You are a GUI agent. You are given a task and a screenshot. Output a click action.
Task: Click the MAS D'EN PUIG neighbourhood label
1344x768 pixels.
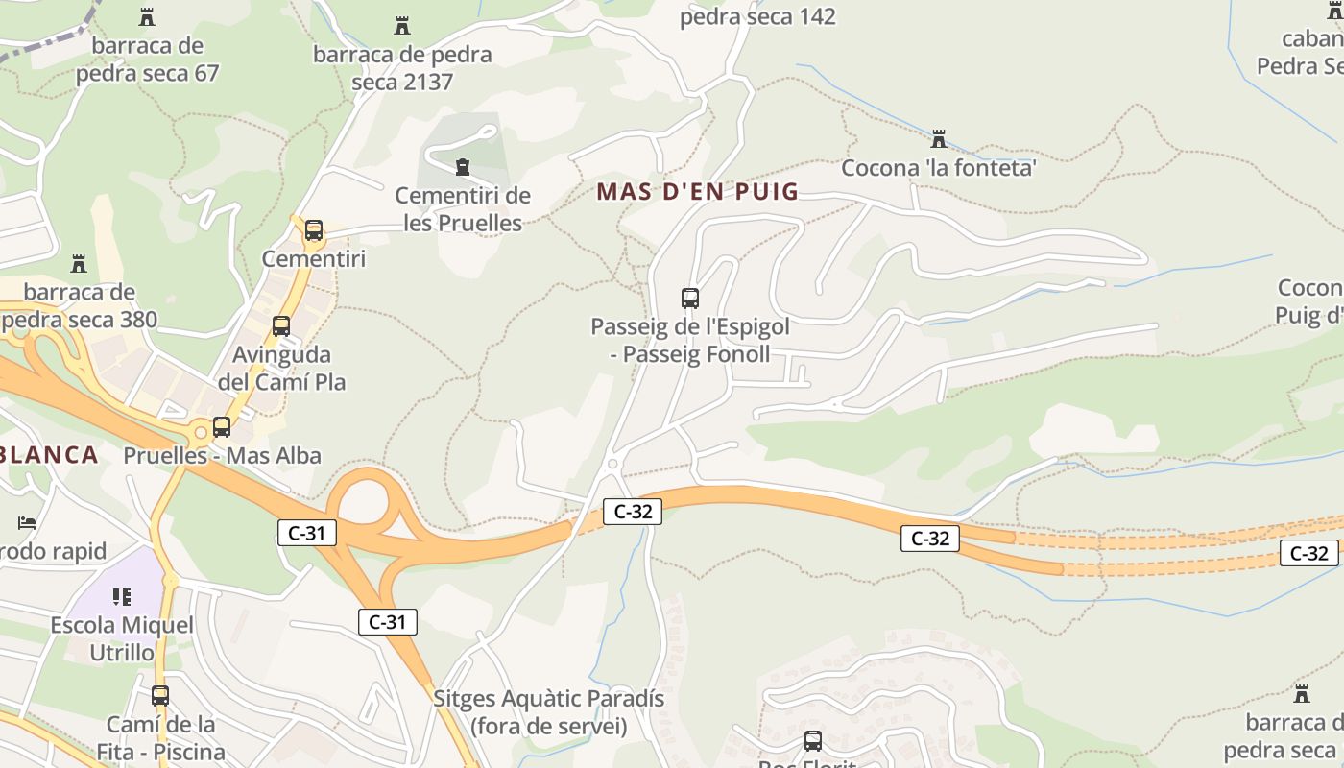click(697, 191)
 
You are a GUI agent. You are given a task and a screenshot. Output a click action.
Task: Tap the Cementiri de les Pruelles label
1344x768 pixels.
click(463, 209)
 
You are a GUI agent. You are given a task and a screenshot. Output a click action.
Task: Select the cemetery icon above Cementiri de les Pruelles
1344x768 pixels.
click(463, 168)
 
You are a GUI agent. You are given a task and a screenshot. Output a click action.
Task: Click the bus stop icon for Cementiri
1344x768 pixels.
click(314, 230)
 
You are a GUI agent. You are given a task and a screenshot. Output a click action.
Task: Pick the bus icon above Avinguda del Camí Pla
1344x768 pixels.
click(281, 326)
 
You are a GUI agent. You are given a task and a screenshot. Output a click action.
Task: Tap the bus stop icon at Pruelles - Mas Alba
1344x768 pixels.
click(222, 427)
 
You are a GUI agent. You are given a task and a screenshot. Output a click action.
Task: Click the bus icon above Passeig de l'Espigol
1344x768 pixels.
click(689, 299)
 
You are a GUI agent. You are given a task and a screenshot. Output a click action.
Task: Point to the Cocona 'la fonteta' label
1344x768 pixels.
click(939, 168)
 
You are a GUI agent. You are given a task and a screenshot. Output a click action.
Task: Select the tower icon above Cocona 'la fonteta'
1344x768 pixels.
click(939, 139)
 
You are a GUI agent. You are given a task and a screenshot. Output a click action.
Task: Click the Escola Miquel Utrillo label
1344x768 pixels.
click(122, 638)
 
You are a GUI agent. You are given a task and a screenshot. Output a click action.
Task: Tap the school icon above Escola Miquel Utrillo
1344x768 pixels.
click(122, 597)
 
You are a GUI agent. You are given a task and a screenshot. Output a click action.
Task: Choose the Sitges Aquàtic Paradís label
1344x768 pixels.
click(548, 711)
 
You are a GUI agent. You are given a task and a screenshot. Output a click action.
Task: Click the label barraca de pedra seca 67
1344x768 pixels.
click(148, 60)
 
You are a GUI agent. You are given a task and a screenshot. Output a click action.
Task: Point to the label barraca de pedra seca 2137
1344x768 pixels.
click(402, 67)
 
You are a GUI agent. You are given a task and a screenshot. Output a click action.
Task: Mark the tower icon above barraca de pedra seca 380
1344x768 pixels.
click(79, 264)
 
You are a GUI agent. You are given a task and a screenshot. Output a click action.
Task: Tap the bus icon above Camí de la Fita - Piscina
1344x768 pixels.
click(160, 695)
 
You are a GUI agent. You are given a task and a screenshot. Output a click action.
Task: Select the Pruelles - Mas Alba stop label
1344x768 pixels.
click(222, 455)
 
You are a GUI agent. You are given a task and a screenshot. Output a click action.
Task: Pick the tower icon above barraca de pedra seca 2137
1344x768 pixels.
click(402, 26)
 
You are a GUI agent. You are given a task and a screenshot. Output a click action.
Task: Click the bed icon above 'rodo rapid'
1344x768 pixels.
click(27, 523)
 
